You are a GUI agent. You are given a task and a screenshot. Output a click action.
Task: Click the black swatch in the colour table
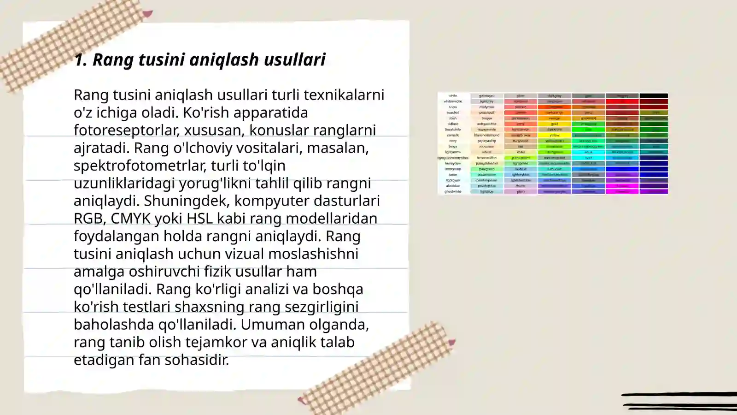[x=654, y=96]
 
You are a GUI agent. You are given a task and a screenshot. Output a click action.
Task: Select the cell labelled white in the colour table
[x=453, y=96]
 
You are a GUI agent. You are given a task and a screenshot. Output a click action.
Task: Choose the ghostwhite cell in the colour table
[x=453, y=191]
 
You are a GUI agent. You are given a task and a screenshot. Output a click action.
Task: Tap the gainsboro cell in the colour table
[x=487, y=96]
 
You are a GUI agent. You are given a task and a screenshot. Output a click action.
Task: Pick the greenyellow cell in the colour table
[x=521, y=158]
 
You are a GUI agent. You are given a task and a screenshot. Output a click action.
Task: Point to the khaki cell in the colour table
[x=521, y=152]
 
